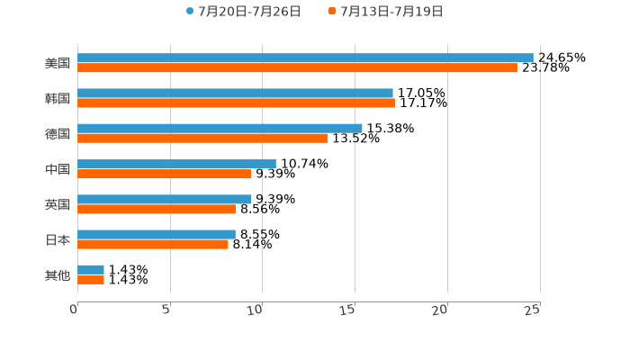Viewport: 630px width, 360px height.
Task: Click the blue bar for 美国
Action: (x=305, y=58)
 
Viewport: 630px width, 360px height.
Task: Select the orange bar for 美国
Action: (x=297, y=67)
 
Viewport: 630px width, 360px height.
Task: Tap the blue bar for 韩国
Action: (x=235, y=94)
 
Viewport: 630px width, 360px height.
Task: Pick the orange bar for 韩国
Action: (x=237, y=103)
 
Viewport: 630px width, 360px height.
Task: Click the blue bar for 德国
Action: (x=220, y=129)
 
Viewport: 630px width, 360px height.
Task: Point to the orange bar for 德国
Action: (x=202, y=139)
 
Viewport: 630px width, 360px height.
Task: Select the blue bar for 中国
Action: (x=176, y=164)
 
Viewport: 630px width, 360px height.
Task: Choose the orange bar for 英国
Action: (x=157, y=209)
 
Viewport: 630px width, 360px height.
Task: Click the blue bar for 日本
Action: (x=157, y=234)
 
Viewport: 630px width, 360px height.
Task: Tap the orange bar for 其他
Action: (x=91, y=280)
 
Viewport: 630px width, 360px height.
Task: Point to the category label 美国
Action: (x=58, y=63)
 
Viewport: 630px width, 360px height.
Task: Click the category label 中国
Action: (x=58, y=169)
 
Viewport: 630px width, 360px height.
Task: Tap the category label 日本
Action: (x=58, y=239)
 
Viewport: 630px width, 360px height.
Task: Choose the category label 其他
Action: (x=58, y=274)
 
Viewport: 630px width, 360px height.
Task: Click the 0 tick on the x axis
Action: (x=75, y=310)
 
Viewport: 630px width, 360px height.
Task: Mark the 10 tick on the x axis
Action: (x=256, y=310)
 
